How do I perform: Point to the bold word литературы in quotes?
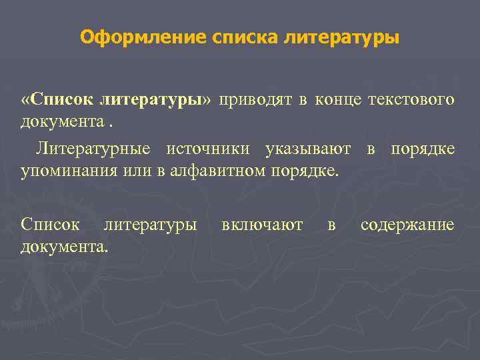click(151, 100)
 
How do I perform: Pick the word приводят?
click(256, 100)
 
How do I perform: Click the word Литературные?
click(93, 148)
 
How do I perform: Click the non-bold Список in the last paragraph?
click(50, 224)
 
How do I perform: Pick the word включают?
click(262, 224)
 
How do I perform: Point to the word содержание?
click(407, 224)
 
